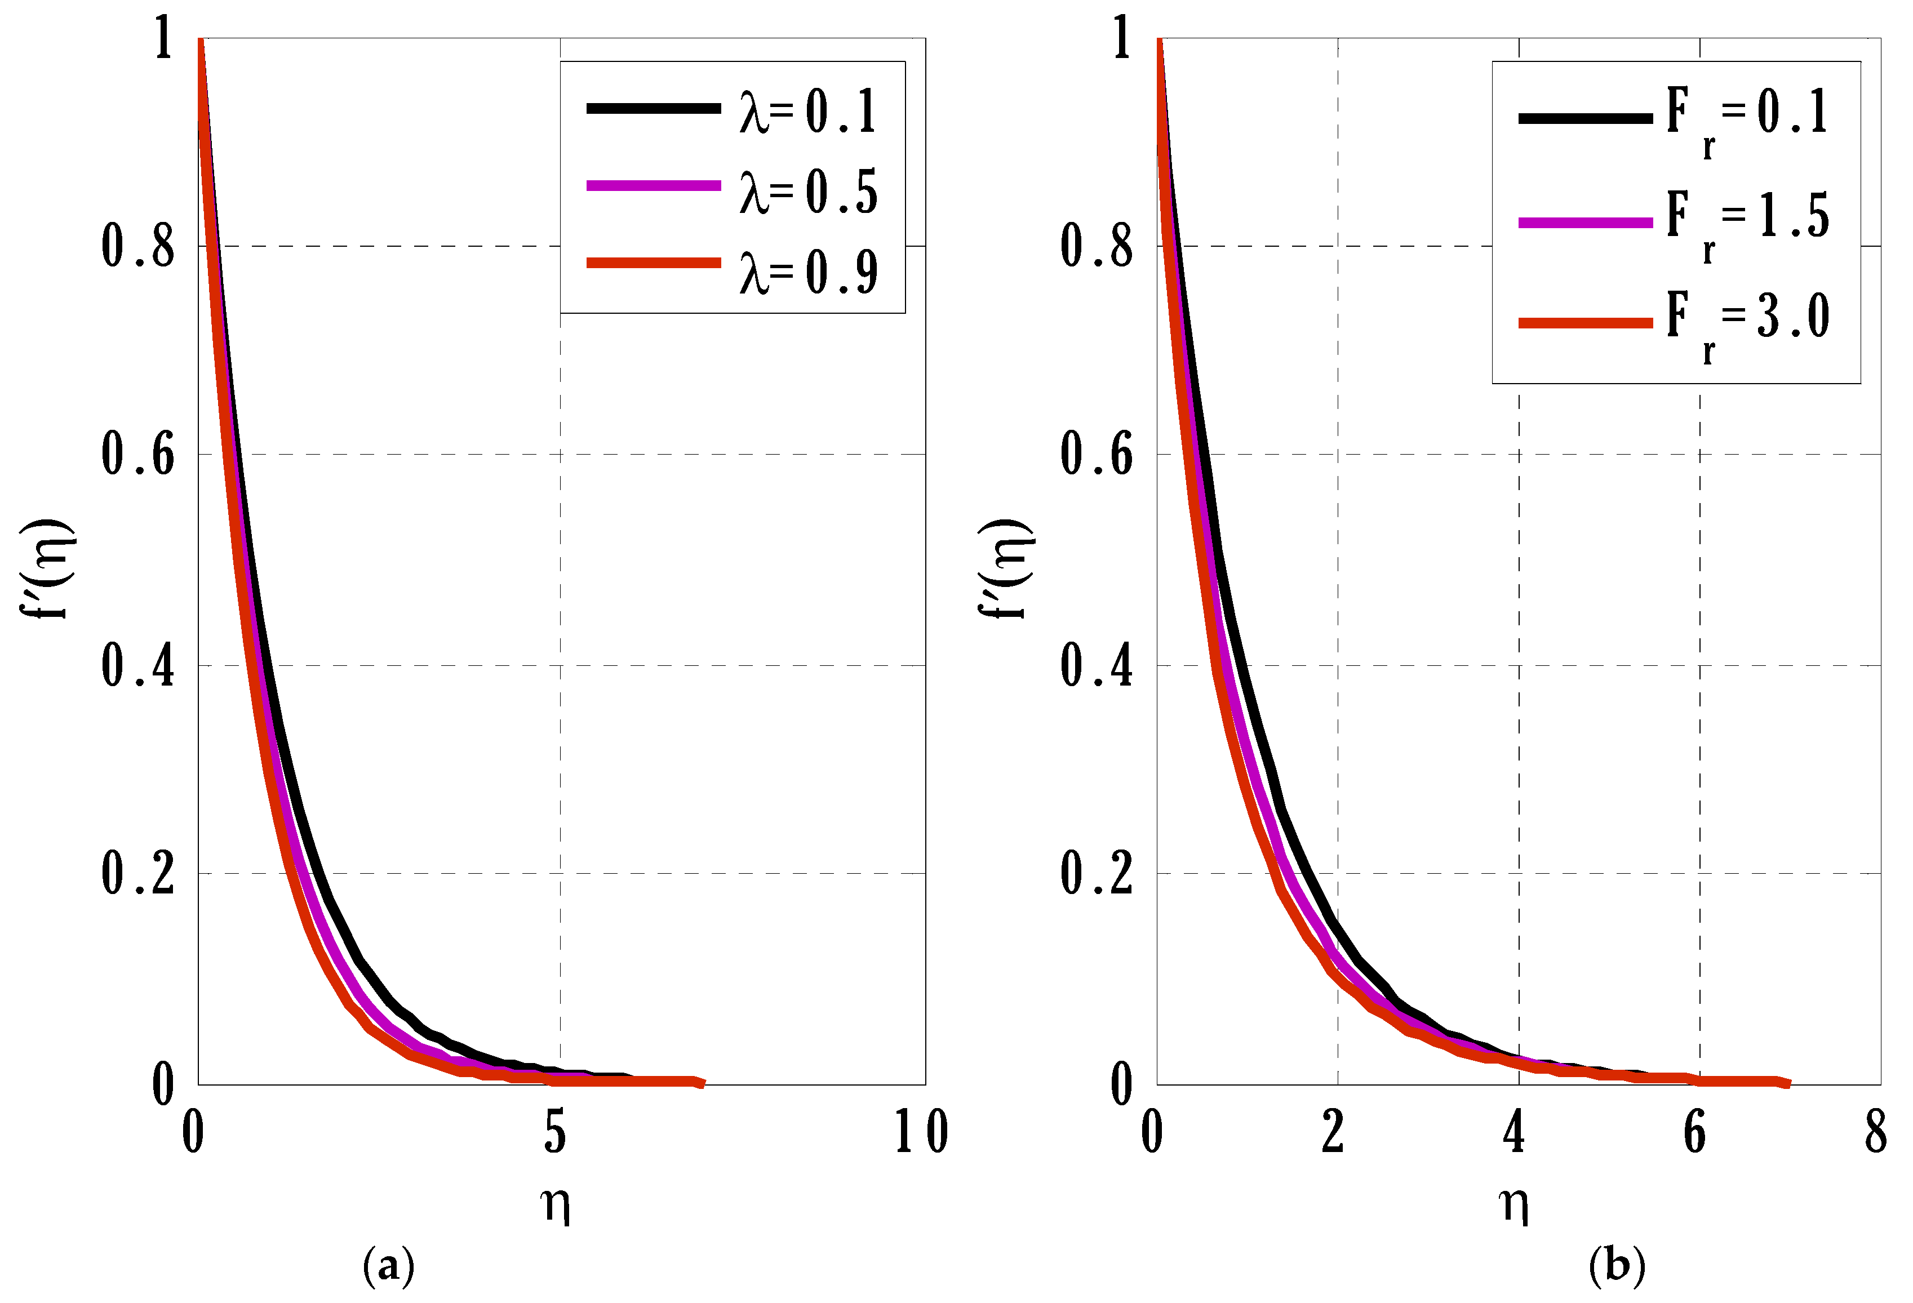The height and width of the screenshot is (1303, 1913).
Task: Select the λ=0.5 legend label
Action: (809, 192)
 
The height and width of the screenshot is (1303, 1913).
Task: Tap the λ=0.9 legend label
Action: (809, 272)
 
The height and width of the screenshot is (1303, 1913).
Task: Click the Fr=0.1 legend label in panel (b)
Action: (1747, 120)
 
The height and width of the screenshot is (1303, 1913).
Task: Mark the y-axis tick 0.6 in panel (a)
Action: (137, 455)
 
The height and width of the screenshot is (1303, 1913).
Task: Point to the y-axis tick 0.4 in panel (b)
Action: (1097, 665)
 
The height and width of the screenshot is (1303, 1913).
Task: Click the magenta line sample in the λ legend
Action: (654, 186)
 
